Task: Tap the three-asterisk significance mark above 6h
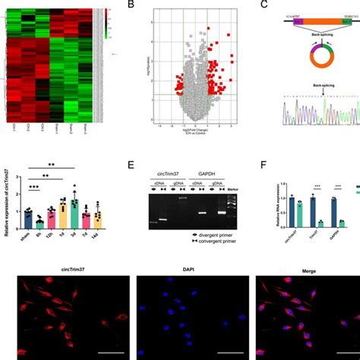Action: click(x=34, y=196)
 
